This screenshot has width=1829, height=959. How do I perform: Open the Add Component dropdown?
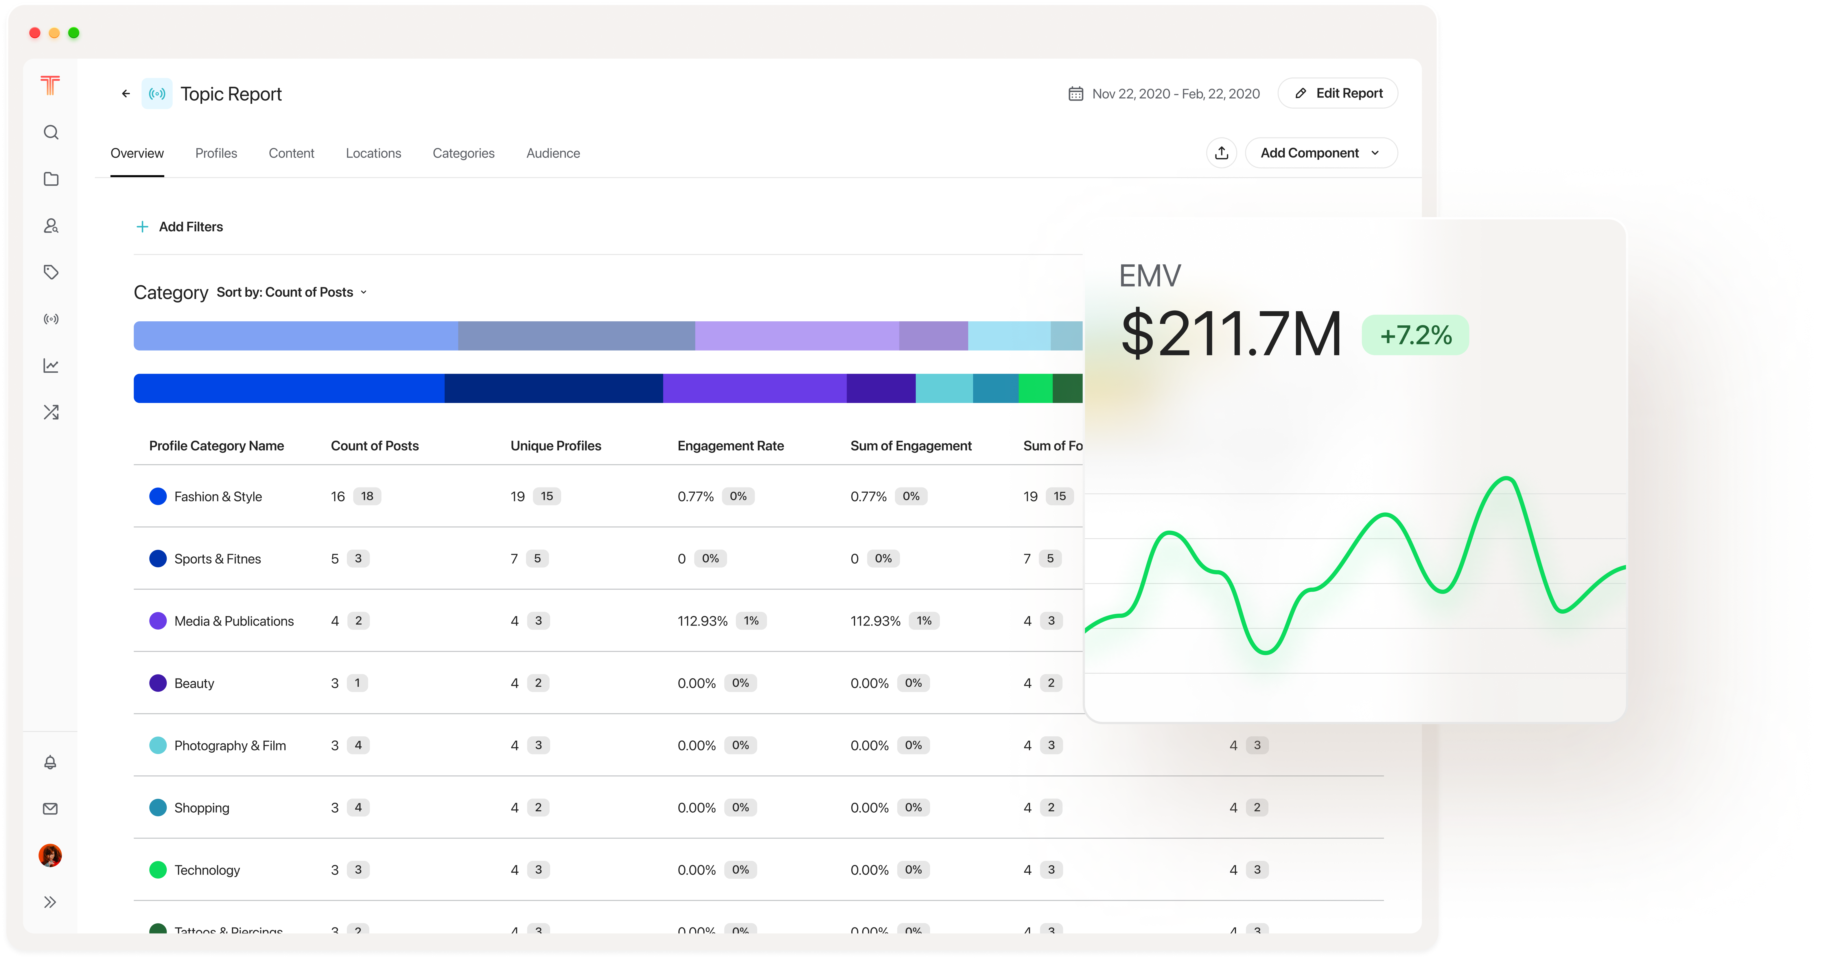pos(1321,153)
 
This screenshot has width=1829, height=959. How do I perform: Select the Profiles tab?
pos(216,153)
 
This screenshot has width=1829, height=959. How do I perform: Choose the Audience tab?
pos(552,153)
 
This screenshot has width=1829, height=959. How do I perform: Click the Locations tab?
pos(373,153)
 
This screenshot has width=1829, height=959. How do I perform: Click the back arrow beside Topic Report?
pos(126,94)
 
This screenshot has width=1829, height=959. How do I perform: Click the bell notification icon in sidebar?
pos(50,762)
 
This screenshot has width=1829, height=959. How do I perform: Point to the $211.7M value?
pos(1231,334)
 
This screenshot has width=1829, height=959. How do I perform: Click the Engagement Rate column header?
pos(730,445)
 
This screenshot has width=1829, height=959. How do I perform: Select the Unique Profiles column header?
pos(555,445)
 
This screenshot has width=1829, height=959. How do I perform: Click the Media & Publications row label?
pos(234,621)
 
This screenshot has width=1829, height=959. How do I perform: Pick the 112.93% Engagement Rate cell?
pos(702,621)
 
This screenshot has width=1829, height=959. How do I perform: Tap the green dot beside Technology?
pos(158,870)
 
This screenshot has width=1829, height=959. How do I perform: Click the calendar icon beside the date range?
pos(1076,94)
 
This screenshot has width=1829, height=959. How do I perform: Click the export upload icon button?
pos(1221,153)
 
